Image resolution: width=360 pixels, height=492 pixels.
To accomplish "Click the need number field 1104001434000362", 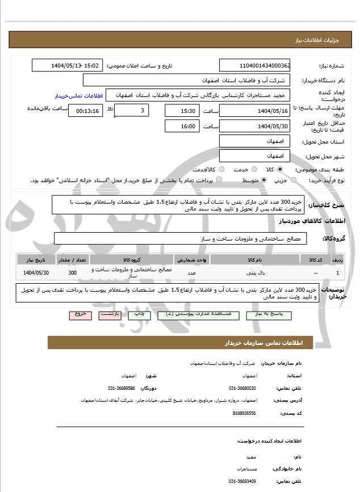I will (254, 66).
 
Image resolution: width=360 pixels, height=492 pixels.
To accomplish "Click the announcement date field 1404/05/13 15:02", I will (67, 66).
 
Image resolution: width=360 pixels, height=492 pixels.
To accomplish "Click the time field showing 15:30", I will (182, 111).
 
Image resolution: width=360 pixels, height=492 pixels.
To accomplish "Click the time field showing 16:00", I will (182, 126).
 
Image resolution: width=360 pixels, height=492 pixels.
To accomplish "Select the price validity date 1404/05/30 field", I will (254, 126).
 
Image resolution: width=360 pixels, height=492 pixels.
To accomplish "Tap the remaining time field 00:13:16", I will (85, 111).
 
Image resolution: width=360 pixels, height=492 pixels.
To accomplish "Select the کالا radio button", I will (279, 169).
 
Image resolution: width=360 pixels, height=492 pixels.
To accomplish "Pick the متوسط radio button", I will (264, 180).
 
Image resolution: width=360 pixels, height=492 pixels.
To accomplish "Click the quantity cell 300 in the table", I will (72, 273).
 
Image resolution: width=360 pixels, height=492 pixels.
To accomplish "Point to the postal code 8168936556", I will (244, 413).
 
